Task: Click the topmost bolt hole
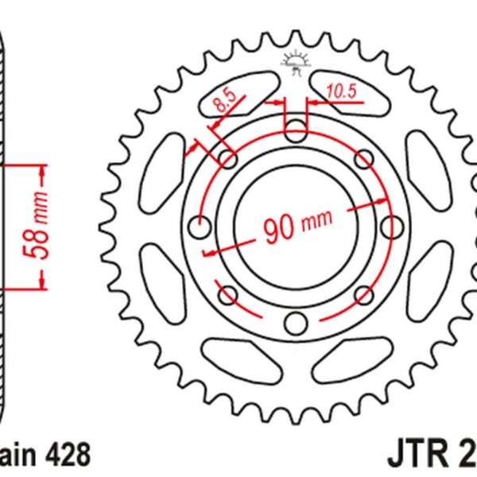pos(295,130)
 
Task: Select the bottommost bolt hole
pos(295,322)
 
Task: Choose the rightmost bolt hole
pos(390,227)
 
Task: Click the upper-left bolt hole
pos(227,158)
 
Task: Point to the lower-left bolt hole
pos(227,295)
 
